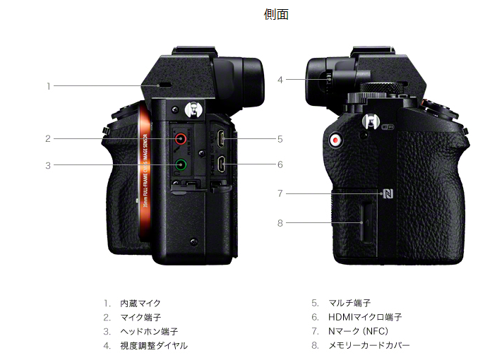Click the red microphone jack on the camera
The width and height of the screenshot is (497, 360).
(x=181, y=139)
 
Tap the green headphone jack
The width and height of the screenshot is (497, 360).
(x=181, y=166)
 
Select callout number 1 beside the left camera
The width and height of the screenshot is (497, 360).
(x=49, y=86)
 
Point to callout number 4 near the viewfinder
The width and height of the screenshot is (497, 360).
(x=280, y=80)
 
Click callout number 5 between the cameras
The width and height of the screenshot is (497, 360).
(x=280, y=139)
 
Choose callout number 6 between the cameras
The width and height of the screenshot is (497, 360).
(x=280, y=164)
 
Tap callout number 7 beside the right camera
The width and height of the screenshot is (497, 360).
(x=280, y=193)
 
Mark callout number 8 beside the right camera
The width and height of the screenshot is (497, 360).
(x=280, y=223)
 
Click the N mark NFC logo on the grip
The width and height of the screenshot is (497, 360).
(x=387, y=193)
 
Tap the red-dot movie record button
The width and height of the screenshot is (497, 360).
(x=335, y=140)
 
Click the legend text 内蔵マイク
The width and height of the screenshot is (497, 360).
(x=140, y=304)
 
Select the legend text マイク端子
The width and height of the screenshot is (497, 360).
(x=140, y=318)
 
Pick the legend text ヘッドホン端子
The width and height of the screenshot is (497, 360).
(x=148, y=332)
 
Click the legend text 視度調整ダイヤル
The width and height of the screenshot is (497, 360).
(x=154, y=346)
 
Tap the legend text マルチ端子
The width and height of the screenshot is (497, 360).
(x=349, y=304)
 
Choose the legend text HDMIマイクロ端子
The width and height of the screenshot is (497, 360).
(x=365, y=318)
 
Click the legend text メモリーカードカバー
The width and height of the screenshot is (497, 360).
(x=369, y=346)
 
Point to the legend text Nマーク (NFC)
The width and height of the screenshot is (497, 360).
(x=359, y=332)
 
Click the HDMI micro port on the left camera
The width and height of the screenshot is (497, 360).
(x=221, y=166)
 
